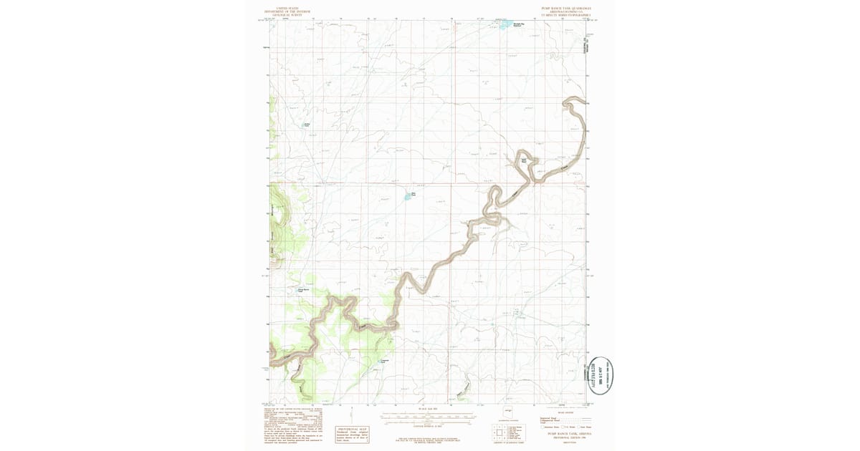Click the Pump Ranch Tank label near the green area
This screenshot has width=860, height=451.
[303, 290]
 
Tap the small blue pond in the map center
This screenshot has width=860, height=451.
[411, 195]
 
